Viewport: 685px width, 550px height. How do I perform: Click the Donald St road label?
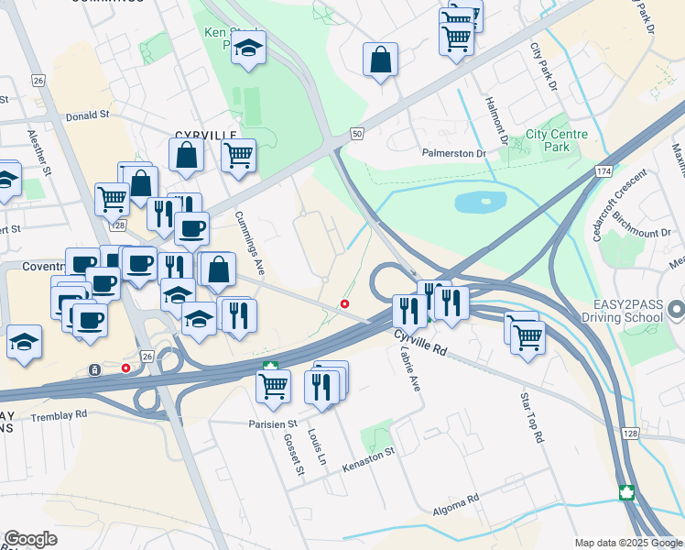(88, 116)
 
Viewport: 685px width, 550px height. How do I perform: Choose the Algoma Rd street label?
(460, 500)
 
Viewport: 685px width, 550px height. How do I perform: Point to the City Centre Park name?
(557, 140)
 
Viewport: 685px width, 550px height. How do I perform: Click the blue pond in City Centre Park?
(481, 201)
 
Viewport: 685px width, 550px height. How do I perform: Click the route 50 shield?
(357, 134)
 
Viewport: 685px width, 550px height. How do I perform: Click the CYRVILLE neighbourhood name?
(201, 134)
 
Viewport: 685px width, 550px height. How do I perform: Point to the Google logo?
(30, 539)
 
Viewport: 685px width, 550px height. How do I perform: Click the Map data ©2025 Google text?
(627, 542)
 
